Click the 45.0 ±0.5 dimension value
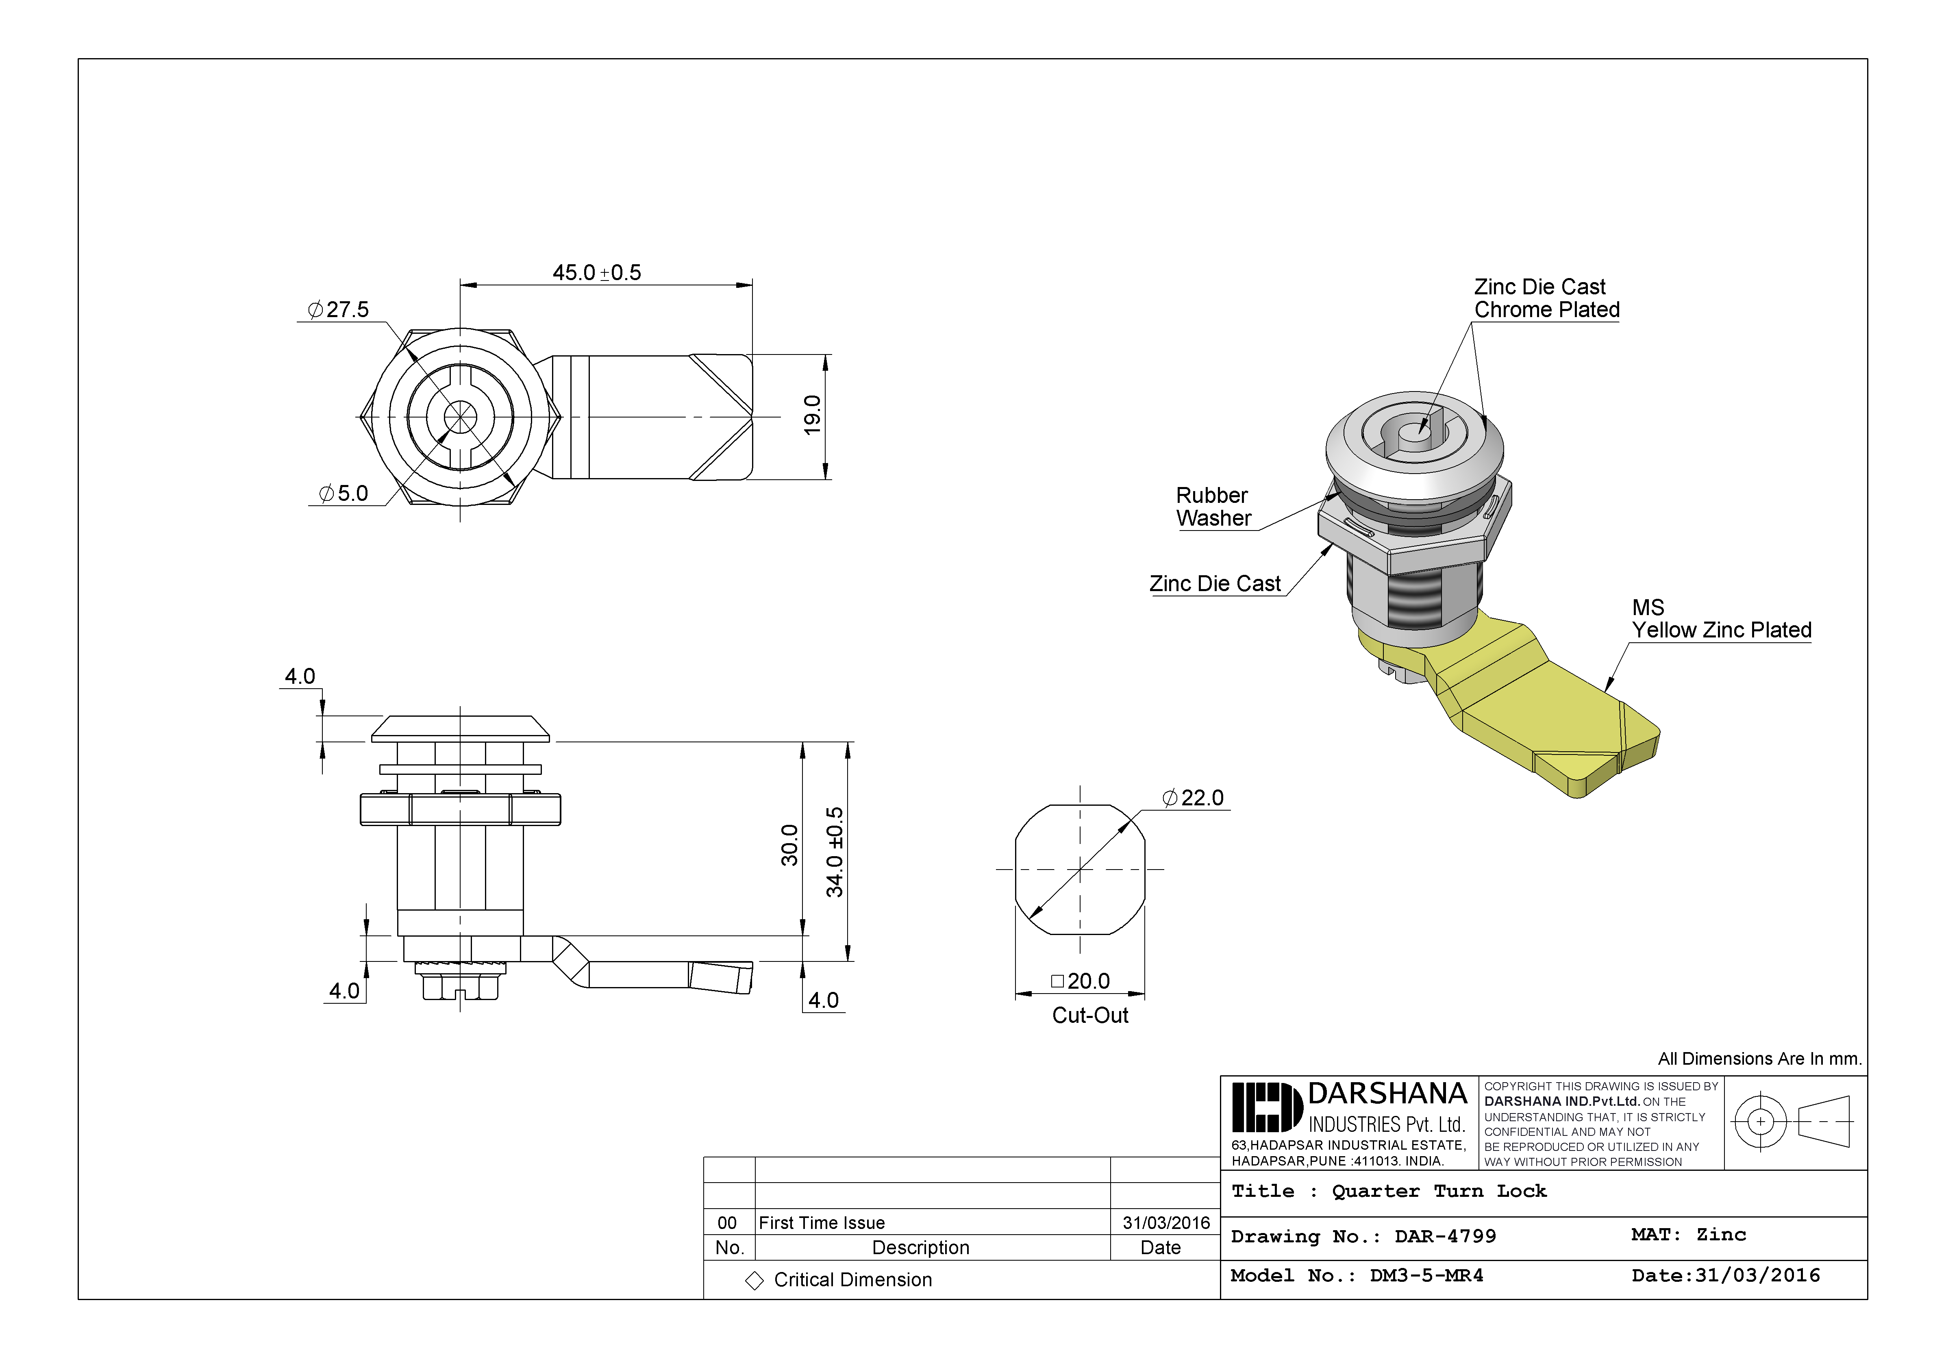coord(597,273)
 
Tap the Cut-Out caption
coord(1090,1016)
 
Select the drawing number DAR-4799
coord(1445,1237)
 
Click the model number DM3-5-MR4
coord(1426,1276)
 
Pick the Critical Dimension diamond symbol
coord(754,1281)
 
